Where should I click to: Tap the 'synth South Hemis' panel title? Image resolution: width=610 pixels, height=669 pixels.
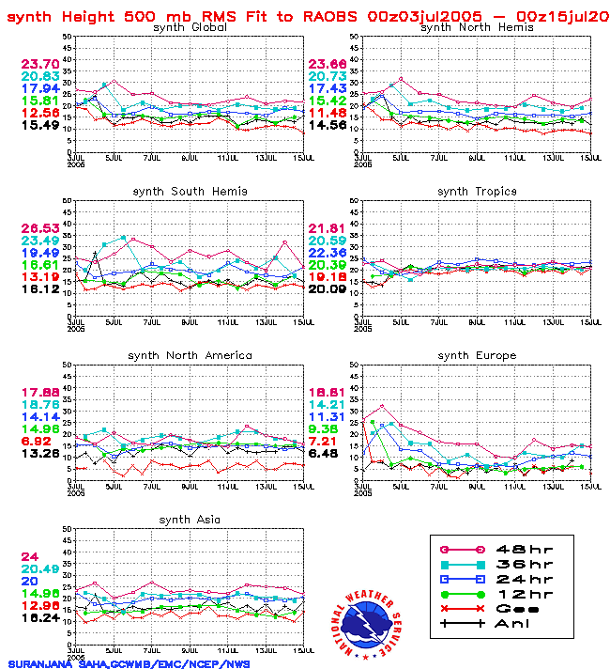click(190, 192)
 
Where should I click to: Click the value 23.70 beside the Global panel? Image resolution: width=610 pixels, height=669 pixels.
click(40, 64)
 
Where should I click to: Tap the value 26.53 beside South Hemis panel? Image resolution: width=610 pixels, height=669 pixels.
click(40, 228)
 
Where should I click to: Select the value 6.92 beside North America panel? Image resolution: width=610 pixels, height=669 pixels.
click(38, 440)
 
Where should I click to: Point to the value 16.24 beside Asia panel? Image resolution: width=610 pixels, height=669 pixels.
click(40, 617)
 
